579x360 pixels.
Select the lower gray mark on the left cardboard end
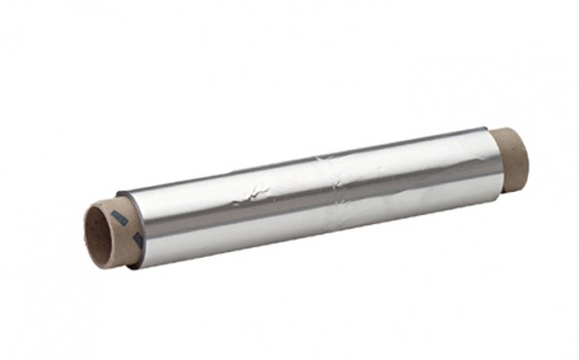tap(137, 237)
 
